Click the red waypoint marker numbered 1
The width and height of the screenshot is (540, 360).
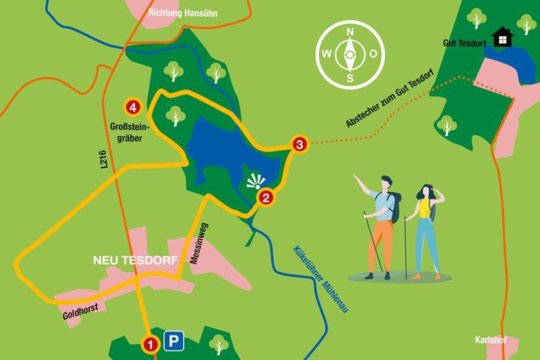point(150,343)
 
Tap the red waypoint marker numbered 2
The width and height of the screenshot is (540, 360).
point(266,197)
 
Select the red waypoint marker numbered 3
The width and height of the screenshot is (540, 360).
point(300,144)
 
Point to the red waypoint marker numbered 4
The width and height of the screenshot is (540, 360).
point(132,106)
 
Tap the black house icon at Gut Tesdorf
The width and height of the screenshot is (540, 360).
point(505,37)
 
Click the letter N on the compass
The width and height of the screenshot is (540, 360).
point(350,32)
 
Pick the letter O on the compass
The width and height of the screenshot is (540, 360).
point(374,54)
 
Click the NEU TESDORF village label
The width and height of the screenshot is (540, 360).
point(135,260)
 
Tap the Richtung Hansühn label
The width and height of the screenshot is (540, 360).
point(183,13)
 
